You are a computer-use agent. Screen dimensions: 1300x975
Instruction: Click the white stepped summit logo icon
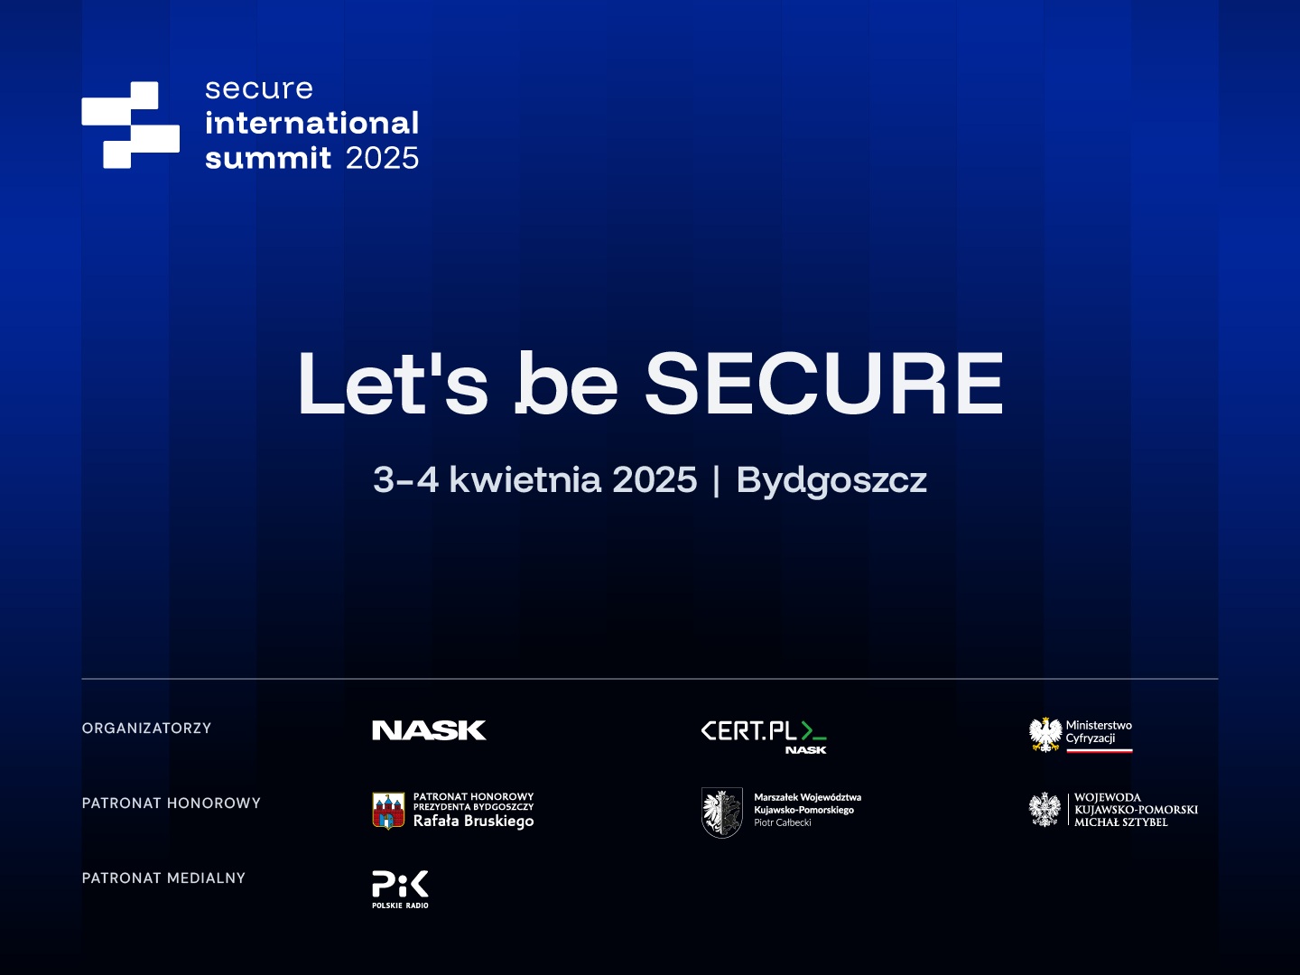pos(130,125)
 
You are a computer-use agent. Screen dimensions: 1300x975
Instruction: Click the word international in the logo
pos(312,123)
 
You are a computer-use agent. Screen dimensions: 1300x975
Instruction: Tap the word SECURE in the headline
pos(824,384)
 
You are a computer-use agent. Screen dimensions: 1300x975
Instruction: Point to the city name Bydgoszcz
pos(831,480)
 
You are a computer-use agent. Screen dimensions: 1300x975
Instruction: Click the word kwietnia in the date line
pos(525,478)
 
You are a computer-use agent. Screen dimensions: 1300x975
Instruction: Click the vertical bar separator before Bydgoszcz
pos(717,480)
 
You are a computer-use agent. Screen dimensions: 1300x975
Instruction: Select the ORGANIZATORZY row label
pos(146,729)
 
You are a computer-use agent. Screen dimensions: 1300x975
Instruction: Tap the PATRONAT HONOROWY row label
pos(172,803)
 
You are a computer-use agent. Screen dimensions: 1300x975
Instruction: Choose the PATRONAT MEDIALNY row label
pos(163,877)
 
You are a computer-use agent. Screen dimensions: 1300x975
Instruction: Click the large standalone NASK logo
pos(430,730)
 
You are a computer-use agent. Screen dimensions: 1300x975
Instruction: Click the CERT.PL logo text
pos(749,731)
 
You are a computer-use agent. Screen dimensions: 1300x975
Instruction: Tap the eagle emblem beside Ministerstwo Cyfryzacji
pos(1045,735)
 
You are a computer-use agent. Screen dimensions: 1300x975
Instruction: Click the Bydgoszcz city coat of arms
pos(388,811)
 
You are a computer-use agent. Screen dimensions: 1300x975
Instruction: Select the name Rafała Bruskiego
pos(473,822)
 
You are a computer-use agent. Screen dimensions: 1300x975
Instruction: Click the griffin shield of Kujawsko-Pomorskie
pos(722,812)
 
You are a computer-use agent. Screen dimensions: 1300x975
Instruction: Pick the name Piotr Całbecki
pos(783,822)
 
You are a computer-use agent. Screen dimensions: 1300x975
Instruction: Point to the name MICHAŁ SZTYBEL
pos(1121,822)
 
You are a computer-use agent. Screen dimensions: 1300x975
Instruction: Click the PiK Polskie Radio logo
pos(400,889)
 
